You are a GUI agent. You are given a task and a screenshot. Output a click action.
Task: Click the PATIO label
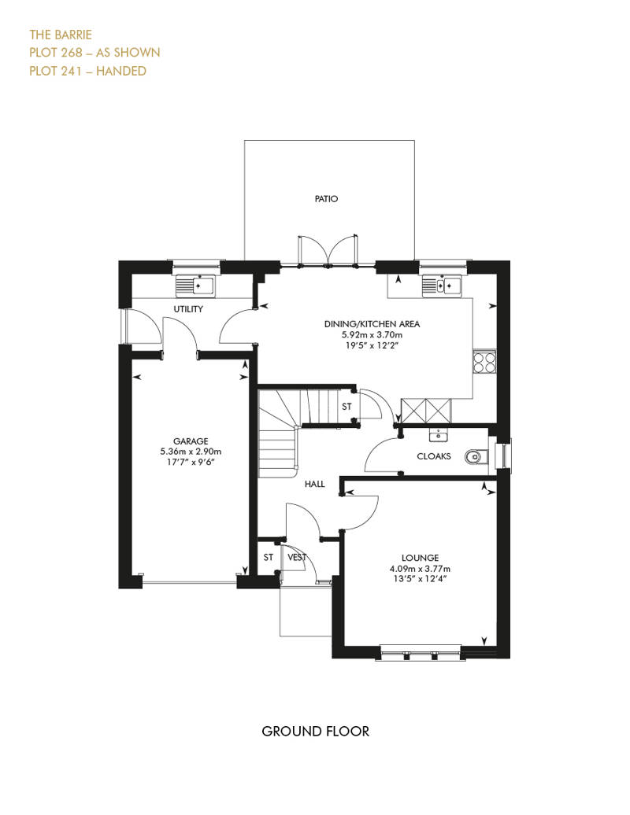[326, 198]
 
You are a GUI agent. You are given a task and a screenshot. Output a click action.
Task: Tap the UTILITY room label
[188, 308]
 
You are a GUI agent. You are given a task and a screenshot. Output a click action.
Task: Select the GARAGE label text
[191, 441]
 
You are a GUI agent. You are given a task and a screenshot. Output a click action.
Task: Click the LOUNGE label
[420, 559]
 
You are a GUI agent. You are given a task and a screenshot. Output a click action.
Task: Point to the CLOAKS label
[434, 456]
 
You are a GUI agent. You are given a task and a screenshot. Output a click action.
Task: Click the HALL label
[315, 484]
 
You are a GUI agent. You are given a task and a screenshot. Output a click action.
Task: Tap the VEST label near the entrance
[297, 557]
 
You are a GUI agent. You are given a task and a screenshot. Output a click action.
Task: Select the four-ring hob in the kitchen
[484, 361]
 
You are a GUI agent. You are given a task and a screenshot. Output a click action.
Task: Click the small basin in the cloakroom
[438, 433]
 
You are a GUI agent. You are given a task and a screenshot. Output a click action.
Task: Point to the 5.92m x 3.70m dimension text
[372, 335]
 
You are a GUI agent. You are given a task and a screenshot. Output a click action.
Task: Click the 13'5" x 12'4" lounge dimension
[420, 578]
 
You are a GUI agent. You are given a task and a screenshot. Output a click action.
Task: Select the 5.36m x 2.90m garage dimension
[191, 452]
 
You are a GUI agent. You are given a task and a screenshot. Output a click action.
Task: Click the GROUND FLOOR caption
[315, 732]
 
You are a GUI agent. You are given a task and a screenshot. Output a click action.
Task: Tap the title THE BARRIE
[61, 35]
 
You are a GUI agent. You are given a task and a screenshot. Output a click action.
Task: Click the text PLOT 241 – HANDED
[87, 71]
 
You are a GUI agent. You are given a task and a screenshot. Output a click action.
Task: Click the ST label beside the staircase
[346, 407]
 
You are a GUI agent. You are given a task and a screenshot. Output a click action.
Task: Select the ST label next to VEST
[268, 557]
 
